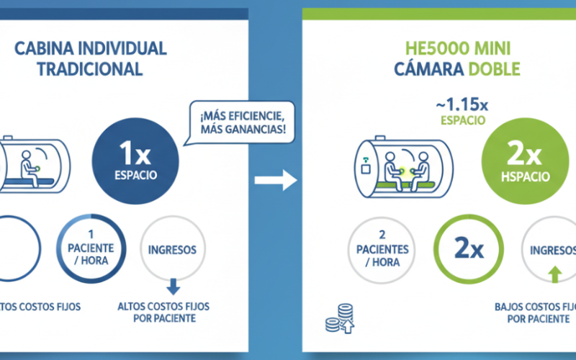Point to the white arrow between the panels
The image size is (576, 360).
277,181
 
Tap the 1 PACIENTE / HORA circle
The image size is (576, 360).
90,248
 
